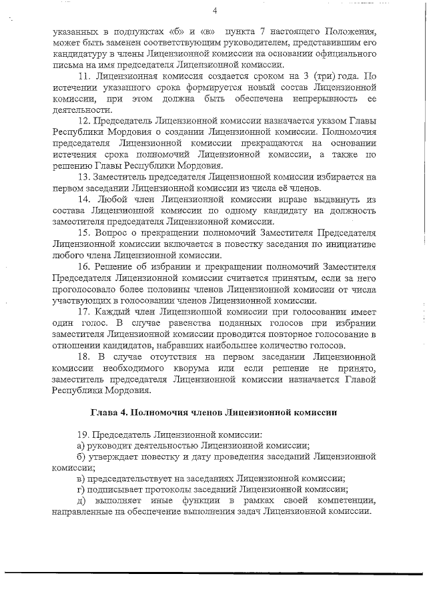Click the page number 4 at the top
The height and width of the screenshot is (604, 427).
[x=216, y=10]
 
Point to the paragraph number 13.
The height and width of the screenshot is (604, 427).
[x=83, y=177]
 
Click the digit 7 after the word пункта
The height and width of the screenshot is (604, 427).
[x=270, y=31]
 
